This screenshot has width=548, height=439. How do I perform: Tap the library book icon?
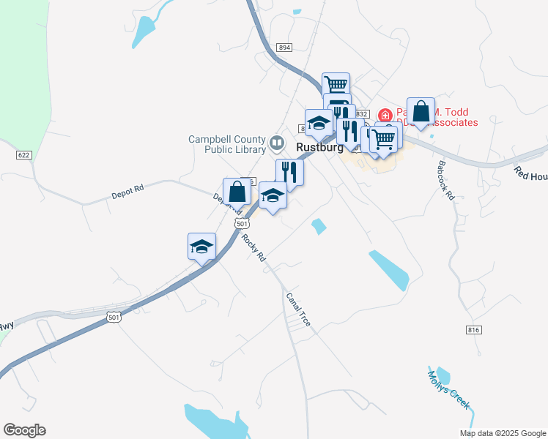pos(277,141)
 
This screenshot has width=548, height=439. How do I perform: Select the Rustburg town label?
pos(319,147)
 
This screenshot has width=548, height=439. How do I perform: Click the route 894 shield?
pos(285,48)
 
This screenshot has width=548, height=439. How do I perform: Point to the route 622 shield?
pos(24,155)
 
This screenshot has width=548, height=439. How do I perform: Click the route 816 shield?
pos(473,330)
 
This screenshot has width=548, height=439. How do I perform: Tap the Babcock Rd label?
pos(446,181)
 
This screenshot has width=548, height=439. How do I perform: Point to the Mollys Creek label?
pos(448,390)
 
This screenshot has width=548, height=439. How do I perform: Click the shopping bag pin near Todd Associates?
pos(421,112)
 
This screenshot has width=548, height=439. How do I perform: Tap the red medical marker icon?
pos(385,116)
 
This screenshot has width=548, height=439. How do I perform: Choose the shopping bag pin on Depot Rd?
pos(237,192)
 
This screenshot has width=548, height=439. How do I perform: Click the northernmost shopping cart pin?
pos(336,86)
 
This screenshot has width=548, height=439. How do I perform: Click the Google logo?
pos(24,430)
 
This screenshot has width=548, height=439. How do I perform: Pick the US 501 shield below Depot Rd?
pos(240,223)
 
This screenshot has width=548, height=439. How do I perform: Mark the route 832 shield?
pos(360,114)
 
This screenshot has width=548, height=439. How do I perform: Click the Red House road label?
pos(530,174)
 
